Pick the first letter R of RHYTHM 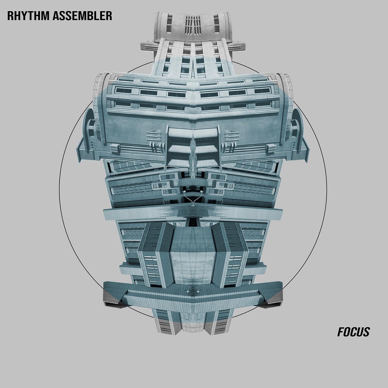(x=11, y=16)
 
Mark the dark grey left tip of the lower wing (x=112, y=297)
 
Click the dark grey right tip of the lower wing (x=275, y=297)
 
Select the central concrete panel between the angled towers (x=193, y=255)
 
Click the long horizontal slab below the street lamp (x=193, y=213)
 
